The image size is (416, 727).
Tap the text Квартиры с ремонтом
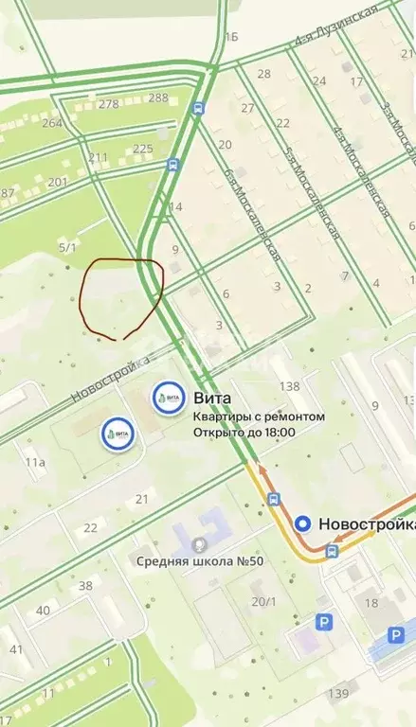[x=259, y=417]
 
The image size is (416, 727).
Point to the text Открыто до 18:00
[x=244, y=433]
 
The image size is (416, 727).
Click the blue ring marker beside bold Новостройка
[x=302, y=523]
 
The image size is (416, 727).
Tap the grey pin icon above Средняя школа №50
[x=199, y=544]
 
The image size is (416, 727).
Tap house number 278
[x=108, y=104]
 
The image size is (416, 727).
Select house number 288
[x=158, y=98]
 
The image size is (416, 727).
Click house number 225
[x=143, y=149]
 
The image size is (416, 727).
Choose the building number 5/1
[x=67, y=247]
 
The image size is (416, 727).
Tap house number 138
[x=289, y=386]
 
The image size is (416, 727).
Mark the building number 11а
[x=35, y=462]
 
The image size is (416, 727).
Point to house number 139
[x=338, y=694]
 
